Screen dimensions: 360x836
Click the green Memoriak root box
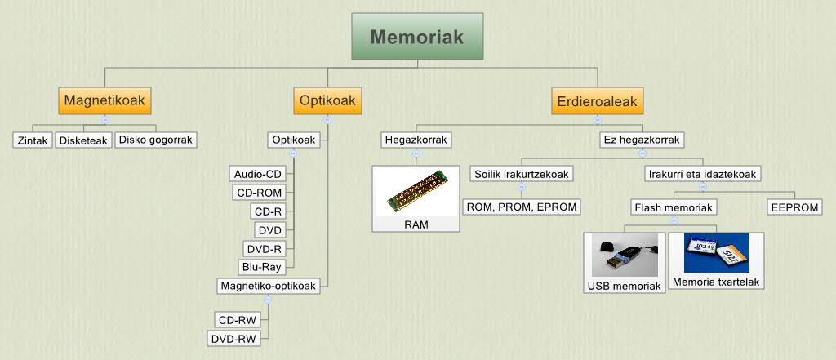(418, 37)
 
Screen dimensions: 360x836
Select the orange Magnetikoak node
(104, 100)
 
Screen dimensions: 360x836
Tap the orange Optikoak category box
(327, 100)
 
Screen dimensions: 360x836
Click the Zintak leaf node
(33, 140)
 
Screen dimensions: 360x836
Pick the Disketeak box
(83, 140)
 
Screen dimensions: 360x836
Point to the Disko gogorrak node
(155, 140)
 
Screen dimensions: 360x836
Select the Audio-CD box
(257, 173)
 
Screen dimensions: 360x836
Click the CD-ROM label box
(258, 192)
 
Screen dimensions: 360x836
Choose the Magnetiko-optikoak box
(269, 286)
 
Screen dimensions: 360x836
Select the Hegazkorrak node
(416, 140)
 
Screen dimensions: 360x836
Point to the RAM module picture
(416, 192)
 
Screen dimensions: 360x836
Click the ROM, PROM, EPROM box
(521, 207)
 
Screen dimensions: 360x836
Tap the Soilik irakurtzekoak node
(522, 174)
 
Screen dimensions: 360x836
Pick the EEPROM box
(794, 207)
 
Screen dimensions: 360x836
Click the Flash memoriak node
(674, 207)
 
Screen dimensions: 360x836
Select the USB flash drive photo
(625, 255)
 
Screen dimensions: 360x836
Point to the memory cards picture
(717, 253)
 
